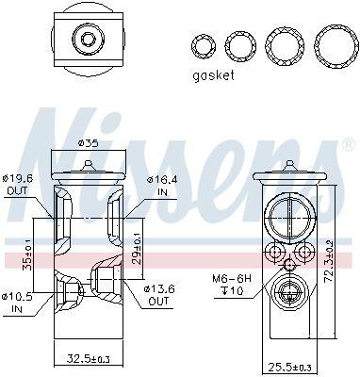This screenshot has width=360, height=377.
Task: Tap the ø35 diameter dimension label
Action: coord(87,143)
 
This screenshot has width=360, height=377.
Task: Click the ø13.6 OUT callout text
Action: coord(157,294)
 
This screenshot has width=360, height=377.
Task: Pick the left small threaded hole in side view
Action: coord(274,253)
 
